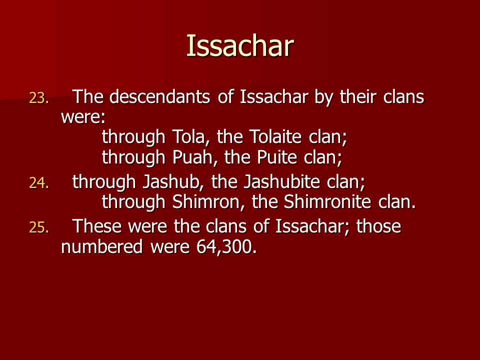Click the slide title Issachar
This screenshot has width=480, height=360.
tap(240, 45)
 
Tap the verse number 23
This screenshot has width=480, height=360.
tap(39, 98)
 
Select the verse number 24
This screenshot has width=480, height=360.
tap(39, 183)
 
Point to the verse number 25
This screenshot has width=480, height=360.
tap(39, 228)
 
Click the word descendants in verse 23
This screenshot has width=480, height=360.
tap(159, 96)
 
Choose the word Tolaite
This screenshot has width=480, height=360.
tap(275, 136)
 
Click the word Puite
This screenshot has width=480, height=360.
tap(276, 157)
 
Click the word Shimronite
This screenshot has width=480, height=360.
tap(327, 201)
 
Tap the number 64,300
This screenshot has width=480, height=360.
tap(226, 246)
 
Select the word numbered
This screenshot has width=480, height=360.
tap(102, 246)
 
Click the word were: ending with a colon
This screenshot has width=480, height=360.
tap(83, 117)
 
